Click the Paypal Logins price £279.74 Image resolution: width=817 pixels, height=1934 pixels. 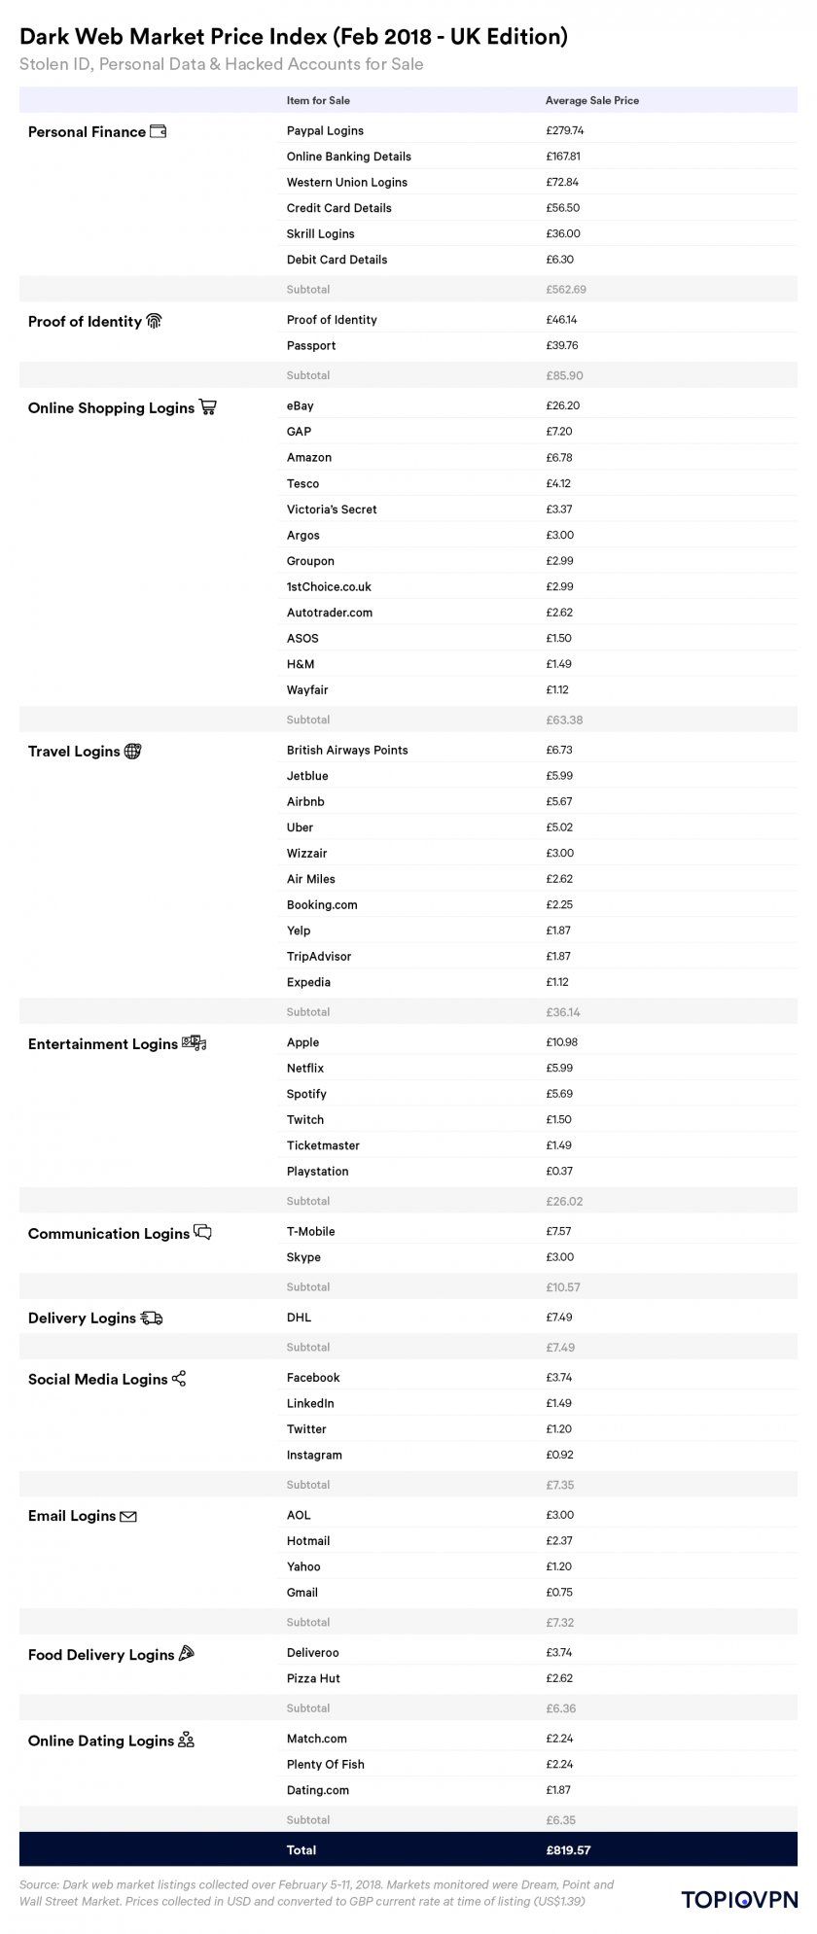(564, 130)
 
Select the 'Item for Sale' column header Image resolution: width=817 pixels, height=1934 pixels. (318, 101)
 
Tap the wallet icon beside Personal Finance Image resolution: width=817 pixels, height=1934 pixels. (158, 131)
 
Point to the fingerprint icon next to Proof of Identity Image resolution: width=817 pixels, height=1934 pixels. (154, 321)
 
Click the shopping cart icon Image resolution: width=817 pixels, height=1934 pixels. (207, 407)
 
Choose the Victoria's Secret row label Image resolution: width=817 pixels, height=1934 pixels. (331, 510)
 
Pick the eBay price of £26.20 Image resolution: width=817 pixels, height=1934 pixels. (563, 405)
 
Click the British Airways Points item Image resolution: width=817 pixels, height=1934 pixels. (347, 751)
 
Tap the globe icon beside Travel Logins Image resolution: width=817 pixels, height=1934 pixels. (132, 751)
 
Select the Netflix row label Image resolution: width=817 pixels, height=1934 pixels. (305, 1068)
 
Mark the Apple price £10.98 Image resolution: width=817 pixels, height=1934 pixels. (562, 1042)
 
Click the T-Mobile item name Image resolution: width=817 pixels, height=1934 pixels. (310, 1232)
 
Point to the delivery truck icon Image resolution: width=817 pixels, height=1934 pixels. (152, 1318)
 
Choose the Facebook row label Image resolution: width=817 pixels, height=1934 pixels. (313, 1378)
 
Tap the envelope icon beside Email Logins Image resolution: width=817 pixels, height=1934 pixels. (128, 1516)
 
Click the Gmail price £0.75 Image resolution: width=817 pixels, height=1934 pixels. (559, 1593)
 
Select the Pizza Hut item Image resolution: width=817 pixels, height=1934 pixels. (313, 1678)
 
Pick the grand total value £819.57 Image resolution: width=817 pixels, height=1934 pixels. (568, 1850)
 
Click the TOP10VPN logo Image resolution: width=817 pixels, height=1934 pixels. (739, 1899)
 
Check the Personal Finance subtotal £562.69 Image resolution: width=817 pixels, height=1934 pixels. (565, 290)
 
